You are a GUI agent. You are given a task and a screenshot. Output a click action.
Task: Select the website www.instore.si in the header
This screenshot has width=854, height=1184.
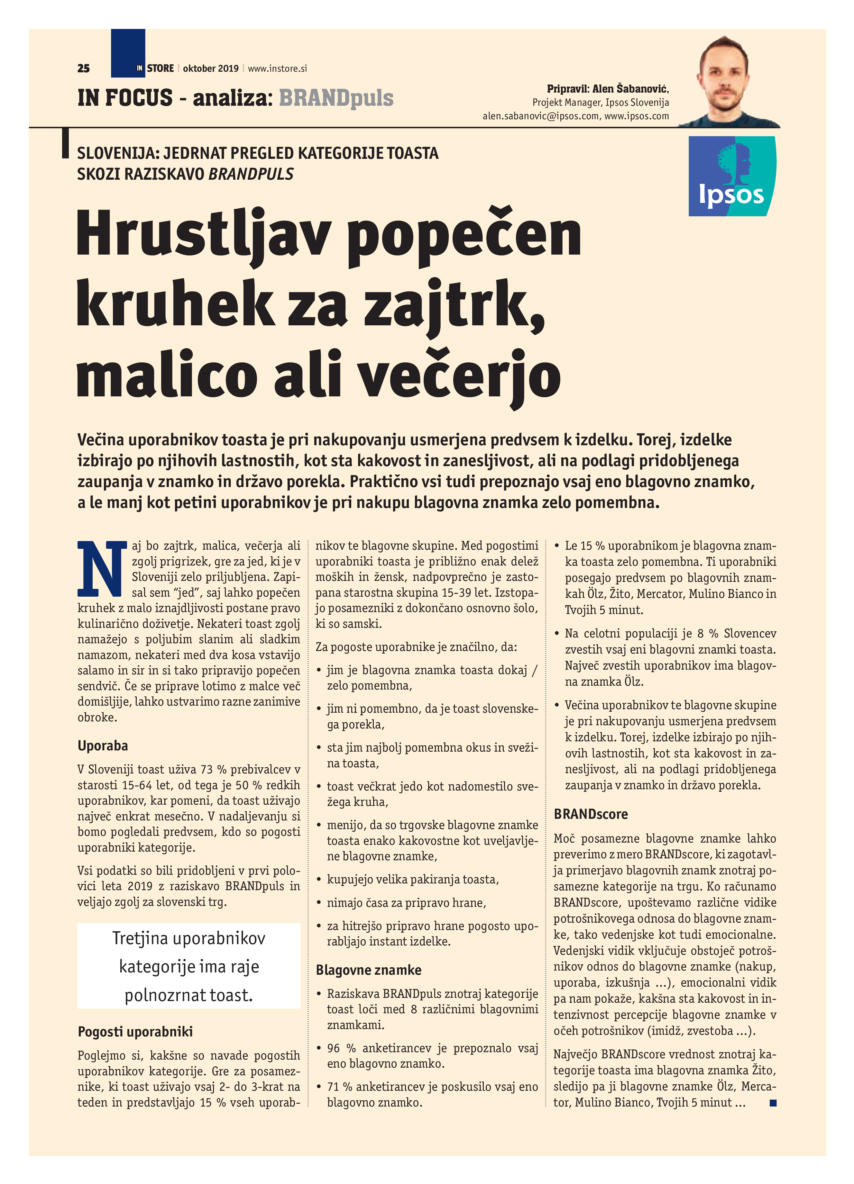(x=277, y=68)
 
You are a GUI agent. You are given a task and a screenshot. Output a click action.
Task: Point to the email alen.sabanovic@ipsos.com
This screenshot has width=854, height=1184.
(x=540, y=116)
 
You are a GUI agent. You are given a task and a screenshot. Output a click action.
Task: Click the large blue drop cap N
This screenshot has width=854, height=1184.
(x=102, y=568)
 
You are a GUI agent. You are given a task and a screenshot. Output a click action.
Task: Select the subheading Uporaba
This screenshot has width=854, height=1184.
(x=102, y=746)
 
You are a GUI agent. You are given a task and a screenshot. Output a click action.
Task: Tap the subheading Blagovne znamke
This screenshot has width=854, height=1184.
(x=368, y=970)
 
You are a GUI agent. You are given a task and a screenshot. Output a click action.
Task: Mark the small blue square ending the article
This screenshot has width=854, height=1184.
(x=773, y=1103)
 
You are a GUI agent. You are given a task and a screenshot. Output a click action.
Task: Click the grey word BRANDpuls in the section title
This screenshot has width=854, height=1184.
(x=336, y=98)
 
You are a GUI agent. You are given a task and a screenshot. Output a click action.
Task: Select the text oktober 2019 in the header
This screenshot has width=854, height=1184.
(x=210, y=68)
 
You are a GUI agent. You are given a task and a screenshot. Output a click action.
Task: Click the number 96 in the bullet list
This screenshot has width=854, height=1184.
(x=334, y=1048)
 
